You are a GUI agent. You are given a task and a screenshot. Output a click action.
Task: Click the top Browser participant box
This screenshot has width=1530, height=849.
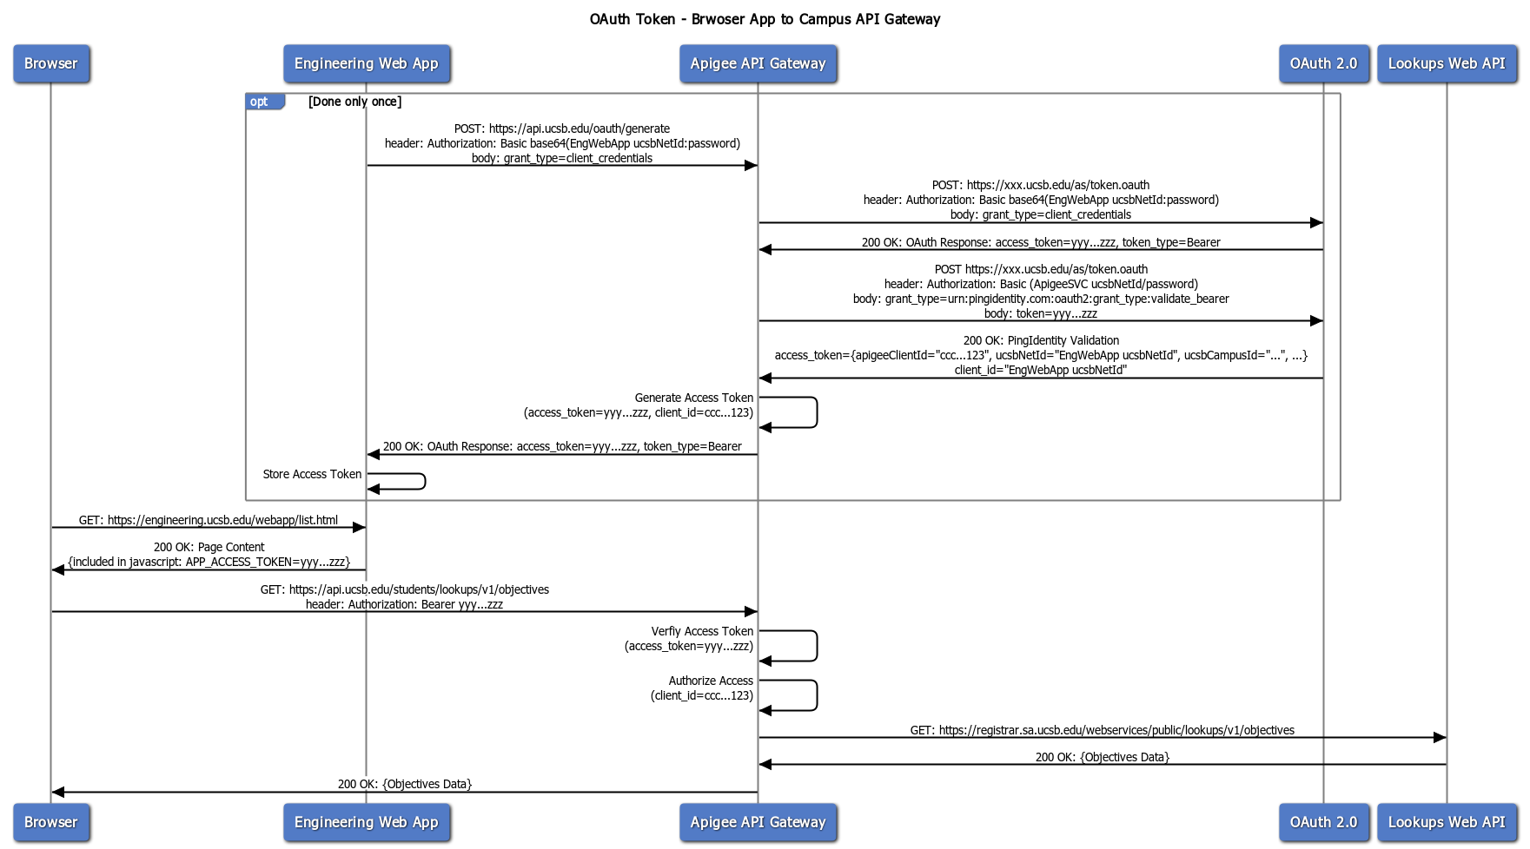[x=51, y=63]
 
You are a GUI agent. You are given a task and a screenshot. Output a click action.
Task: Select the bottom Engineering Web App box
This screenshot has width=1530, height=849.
[x=366, y=822]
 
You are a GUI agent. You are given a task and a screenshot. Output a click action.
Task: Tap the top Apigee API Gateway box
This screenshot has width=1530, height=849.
[x=758, y=63]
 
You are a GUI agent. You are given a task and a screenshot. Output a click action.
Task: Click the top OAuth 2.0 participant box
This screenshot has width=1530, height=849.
[x=1323, y=63]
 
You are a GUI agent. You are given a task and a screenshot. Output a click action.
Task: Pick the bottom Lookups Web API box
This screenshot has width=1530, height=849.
[x=1447, y=822]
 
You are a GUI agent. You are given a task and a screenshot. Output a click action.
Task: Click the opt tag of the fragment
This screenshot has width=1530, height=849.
[x=260, y=102]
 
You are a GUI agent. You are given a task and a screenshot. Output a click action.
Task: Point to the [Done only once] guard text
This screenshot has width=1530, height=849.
[x=354, y=102]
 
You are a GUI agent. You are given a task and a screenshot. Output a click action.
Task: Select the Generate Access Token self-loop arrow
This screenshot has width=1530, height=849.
[x=816, y=412]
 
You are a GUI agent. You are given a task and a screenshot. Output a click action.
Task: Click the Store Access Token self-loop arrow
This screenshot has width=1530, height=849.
[x=424, y=481]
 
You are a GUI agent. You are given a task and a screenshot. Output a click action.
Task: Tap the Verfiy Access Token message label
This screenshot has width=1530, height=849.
[x=702, y=631]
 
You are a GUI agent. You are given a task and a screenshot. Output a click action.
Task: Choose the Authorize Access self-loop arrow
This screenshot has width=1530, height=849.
[x=816, y=695]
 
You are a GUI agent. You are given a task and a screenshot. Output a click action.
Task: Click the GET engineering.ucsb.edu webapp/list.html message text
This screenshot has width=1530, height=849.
[x=209, y=520]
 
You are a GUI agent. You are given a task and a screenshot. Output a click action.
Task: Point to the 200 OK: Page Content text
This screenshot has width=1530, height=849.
[x=209, y=547]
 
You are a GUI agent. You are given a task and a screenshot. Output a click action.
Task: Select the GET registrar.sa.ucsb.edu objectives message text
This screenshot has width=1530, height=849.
[x=1102, y=730]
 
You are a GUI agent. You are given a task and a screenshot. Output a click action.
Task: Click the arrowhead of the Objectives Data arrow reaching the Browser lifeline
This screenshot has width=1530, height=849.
[x=58, y=792]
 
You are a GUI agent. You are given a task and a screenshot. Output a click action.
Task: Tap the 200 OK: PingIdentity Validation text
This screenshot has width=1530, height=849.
[x=1041, y=340]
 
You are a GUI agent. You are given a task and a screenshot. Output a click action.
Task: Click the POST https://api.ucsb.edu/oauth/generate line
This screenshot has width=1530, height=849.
[x=562, y=128]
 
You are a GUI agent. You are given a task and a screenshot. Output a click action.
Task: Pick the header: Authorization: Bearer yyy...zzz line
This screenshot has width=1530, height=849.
[x=404, y=604]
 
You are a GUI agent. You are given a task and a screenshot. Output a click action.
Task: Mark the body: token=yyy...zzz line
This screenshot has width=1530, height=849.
[x=1041, y=313]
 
